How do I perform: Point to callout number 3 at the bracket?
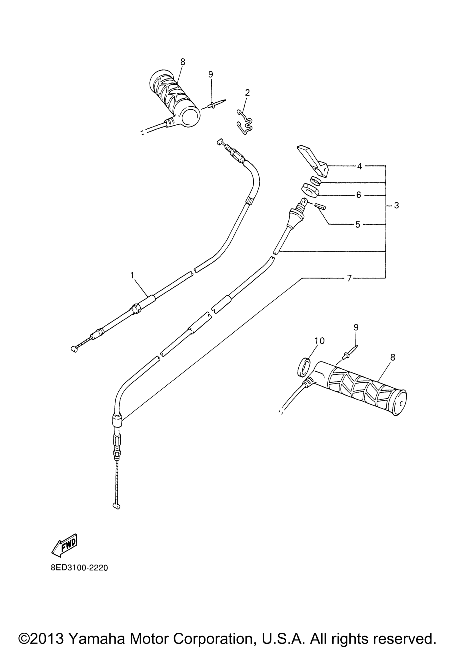click(x=396, y=206)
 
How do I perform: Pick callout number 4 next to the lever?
click(x=359, y=166)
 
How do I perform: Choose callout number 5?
click(x=358, y=224)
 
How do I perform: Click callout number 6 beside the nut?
click(x=359, y=195)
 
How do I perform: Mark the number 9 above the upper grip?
click(x=210, y=74)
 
